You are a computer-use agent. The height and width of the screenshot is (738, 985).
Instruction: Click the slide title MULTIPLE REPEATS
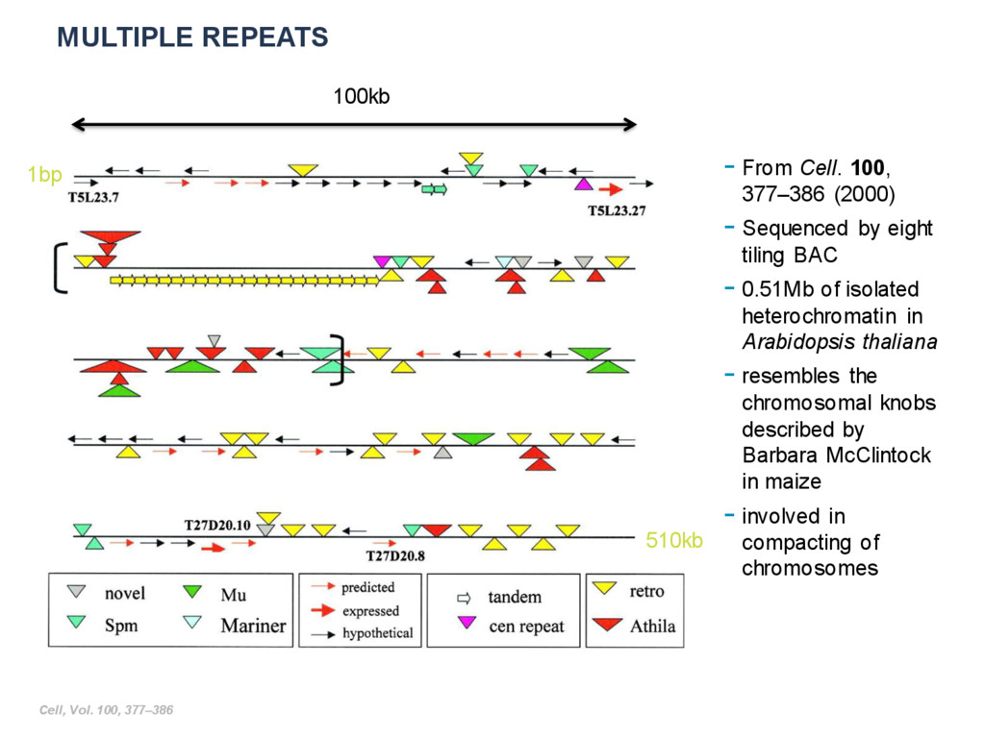pos(192,37)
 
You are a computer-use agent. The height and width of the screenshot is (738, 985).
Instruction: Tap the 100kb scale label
pos(361,96)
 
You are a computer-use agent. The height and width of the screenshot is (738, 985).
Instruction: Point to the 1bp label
pos(44,175)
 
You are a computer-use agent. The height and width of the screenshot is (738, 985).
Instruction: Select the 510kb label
pos(674,541)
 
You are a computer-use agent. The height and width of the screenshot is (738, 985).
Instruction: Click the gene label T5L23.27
pos(617,210)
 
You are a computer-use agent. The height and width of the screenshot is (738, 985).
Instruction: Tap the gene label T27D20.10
pos(217,526)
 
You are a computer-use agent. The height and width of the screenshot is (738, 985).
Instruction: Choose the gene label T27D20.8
pos(395,555)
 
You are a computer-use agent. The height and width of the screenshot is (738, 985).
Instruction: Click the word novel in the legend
pos(125,594)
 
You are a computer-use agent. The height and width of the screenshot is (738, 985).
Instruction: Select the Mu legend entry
pos(234,595)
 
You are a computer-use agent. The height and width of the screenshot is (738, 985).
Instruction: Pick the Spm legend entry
pos(121,626)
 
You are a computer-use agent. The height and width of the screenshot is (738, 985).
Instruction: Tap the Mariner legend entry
pos(253,626)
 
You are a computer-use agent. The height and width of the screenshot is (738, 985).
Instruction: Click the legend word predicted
pos(367,587)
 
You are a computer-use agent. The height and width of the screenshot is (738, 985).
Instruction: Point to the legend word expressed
pos(370,610)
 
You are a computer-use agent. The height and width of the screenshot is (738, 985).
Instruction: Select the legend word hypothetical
pos(377,632)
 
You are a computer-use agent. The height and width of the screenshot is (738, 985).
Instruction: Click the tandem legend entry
pos(514,597)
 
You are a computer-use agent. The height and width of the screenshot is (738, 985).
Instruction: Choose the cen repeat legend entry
pos(526,627)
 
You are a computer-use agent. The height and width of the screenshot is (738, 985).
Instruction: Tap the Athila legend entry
pos(652,627)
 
